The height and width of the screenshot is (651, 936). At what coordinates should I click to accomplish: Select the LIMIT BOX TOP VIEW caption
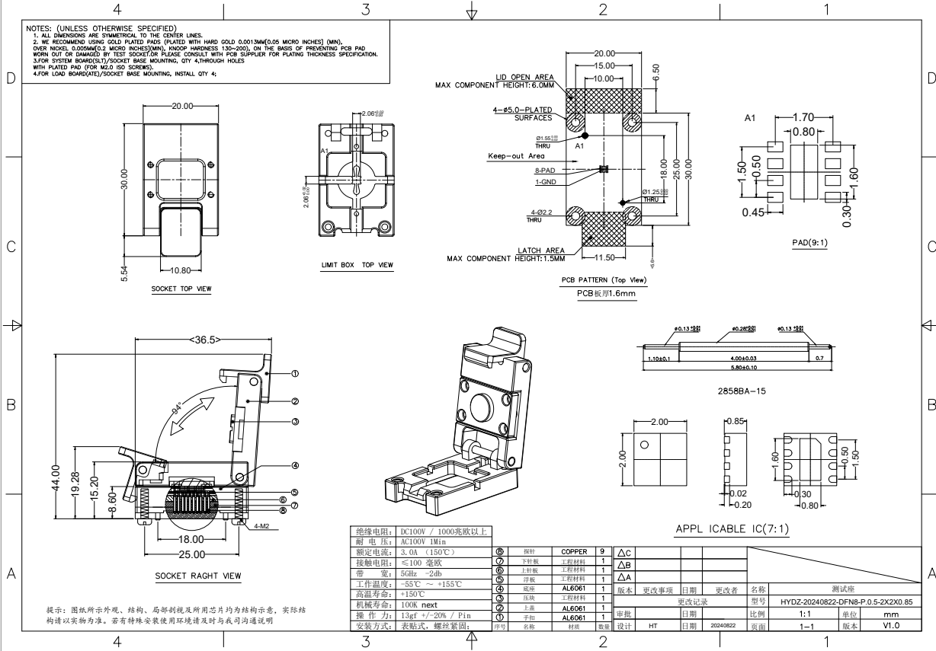[x=357, y=265]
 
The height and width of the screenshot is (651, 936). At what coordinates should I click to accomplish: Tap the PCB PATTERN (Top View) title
[x=604, y=280]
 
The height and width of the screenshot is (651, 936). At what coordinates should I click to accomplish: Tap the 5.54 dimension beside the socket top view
[x=126, y=270]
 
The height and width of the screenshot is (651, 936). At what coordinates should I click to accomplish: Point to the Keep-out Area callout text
[x=516, y=156]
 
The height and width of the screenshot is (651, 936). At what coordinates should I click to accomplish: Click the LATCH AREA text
[x=540, y=251]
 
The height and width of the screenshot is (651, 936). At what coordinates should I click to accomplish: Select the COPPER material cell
[x=573, y=551]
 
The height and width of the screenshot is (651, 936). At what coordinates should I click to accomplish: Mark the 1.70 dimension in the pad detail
[x=803, y=117]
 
